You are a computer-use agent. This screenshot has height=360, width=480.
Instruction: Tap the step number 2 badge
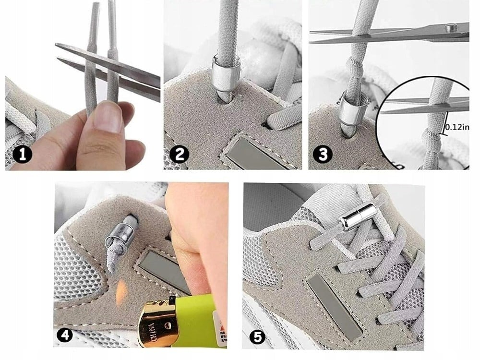click(180, 154)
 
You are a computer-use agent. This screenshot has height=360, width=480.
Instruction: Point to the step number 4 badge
click(65, 336)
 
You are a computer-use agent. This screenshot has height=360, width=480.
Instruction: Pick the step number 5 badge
click(258, 337)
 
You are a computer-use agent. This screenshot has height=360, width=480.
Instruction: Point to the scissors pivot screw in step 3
click(452, 28)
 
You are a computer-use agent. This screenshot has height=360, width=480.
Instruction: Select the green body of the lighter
click(196, 320)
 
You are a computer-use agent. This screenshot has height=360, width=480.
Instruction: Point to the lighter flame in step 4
click(121, 289)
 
